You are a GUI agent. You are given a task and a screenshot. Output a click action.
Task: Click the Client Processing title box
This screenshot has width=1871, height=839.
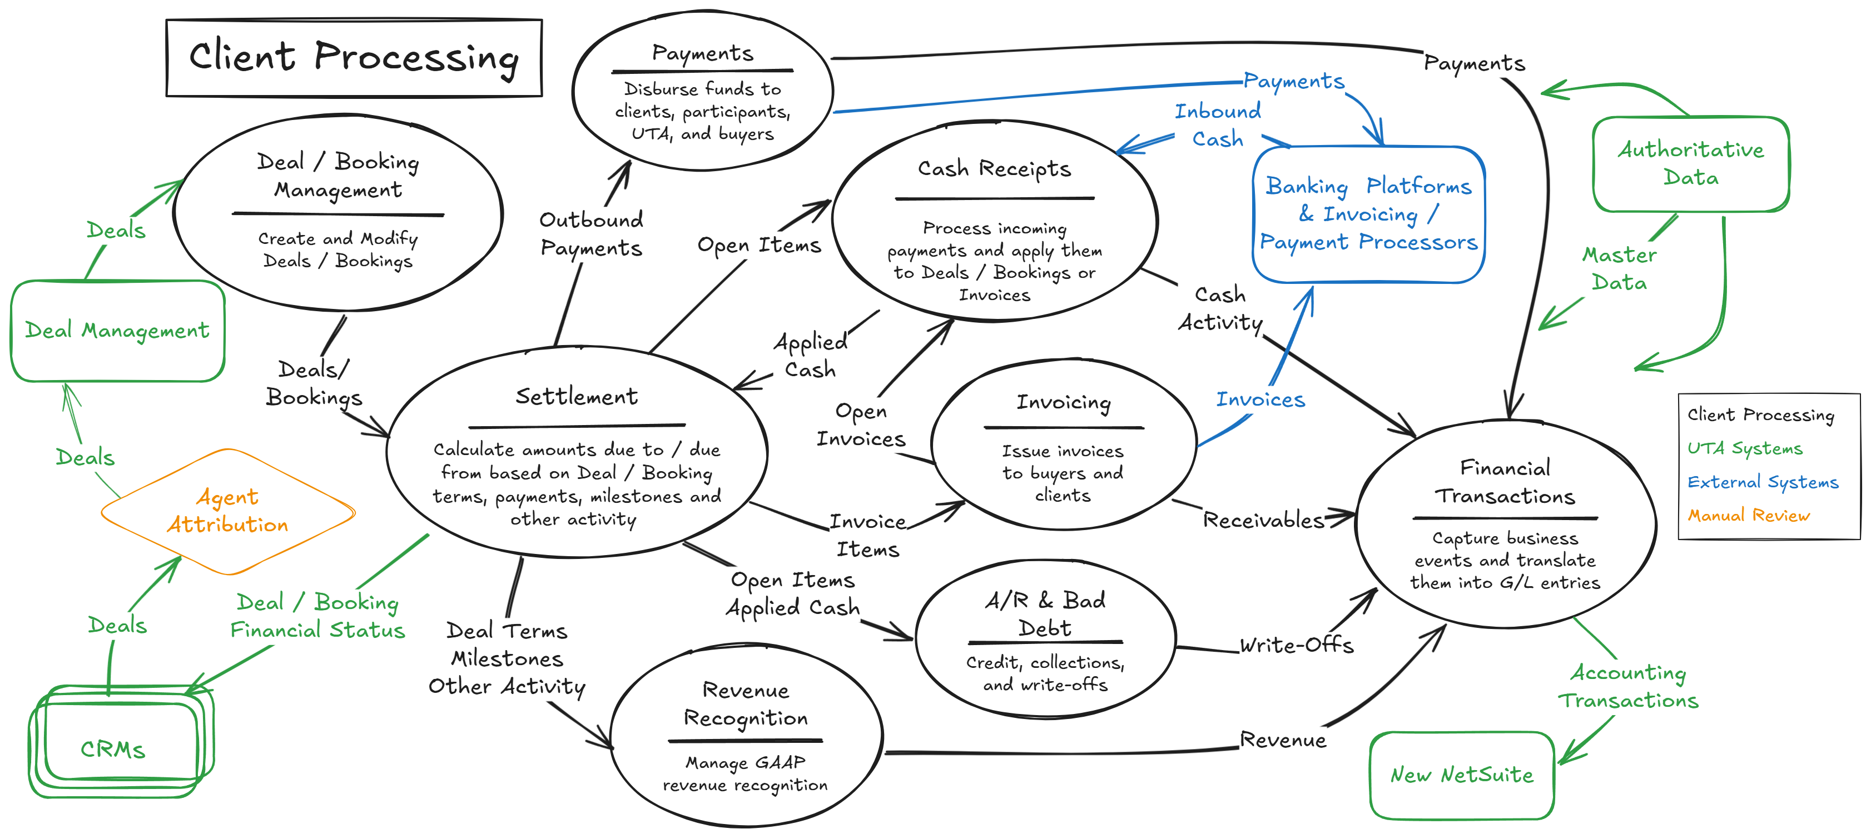(354, 57)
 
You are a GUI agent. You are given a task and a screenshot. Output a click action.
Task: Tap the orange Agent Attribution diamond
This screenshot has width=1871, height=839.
(227, 511)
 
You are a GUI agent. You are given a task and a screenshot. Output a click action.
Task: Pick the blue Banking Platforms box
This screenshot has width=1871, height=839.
(1368, 214)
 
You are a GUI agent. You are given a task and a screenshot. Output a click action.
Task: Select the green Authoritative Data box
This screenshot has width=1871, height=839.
(1690, 164)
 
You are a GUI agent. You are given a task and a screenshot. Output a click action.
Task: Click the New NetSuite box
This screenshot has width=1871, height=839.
(1461, 775)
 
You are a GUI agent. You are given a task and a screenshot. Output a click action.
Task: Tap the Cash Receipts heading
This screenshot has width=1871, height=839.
(994, 168)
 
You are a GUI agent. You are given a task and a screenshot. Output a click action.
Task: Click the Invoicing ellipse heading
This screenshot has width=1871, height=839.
(1063, 402)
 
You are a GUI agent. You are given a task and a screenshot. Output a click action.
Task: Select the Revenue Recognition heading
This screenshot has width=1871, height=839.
(745, 704)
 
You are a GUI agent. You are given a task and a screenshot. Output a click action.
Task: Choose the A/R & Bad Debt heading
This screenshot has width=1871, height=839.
(1044, 614)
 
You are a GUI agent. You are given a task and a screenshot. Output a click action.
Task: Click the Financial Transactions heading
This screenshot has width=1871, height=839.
(1505, 482)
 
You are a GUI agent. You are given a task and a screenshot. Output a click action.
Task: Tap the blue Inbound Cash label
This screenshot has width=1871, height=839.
(1217, 125)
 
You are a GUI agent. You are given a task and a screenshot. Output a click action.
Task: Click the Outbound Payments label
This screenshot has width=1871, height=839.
(590, 234)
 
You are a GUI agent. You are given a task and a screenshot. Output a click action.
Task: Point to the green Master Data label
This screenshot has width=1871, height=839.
(1619, 268)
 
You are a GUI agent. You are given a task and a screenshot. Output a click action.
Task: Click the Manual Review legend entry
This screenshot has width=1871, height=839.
(1748, 515)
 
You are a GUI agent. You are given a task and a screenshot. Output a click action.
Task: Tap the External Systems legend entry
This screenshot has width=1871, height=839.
(1762, 482)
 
